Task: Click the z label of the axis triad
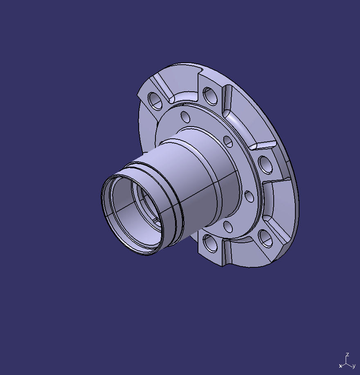coord(347,355)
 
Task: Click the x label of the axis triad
coord(340,366)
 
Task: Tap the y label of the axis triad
coord(353,366)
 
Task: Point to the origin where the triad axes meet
coord(346,362)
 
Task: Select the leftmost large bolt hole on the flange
coord(155,101)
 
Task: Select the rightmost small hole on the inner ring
coord(249,197)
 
